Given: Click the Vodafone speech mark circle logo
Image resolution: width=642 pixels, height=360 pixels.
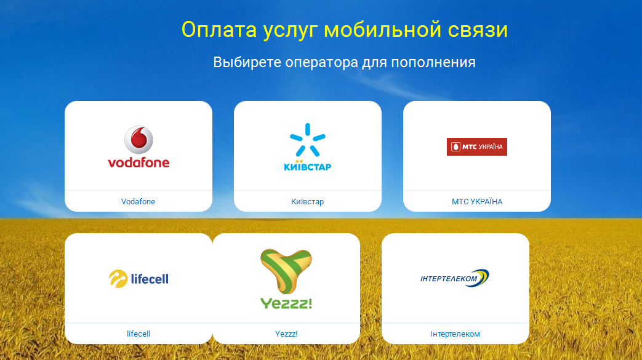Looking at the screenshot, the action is point(138,140).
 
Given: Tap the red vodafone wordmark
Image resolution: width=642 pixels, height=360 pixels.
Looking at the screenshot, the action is point(138,162).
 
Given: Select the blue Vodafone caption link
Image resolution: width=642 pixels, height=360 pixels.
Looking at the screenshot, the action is point(138,201).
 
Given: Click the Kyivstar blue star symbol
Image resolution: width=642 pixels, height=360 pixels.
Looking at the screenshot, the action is point(308,140).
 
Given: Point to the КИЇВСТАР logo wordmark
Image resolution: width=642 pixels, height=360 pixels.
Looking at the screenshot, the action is point(308,166).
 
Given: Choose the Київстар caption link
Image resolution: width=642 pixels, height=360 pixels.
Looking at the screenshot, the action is point(308,201).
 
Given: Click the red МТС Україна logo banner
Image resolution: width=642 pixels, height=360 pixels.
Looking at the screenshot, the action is point(477,146).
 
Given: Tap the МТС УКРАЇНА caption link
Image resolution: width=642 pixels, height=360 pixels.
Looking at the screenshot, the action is point(477,201).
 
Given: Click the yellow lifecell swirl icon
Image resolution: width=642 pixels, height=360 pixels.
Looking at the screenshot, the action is point(118,279).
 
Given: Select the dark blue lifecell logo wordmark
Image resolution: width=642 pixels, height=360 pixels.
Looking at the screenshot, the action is point(150,279).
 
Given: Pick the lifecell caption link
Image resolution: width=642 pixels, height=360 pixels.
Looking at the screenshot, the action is point(138,334).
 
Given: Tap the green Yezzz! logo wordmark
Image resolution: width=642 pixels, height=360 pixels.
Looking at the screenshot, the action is point(286,303).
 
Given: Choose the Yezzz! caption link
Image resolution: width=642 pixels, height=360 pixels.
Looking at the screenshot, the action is point(286,334).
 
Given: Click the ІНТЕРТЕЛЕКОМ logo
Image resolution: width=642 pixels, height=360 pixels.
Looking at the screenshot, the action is point(455,278).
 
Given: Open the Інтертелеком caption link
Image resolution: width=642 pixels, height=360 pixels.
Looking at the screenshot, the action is point(455,334).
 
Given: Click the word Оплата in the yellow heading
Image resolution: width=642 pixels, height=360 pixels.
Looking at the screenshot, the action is point(219,30).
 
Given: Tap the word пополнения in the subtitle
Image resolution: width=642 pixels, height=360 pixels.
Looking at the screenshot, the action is point(433,63).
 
